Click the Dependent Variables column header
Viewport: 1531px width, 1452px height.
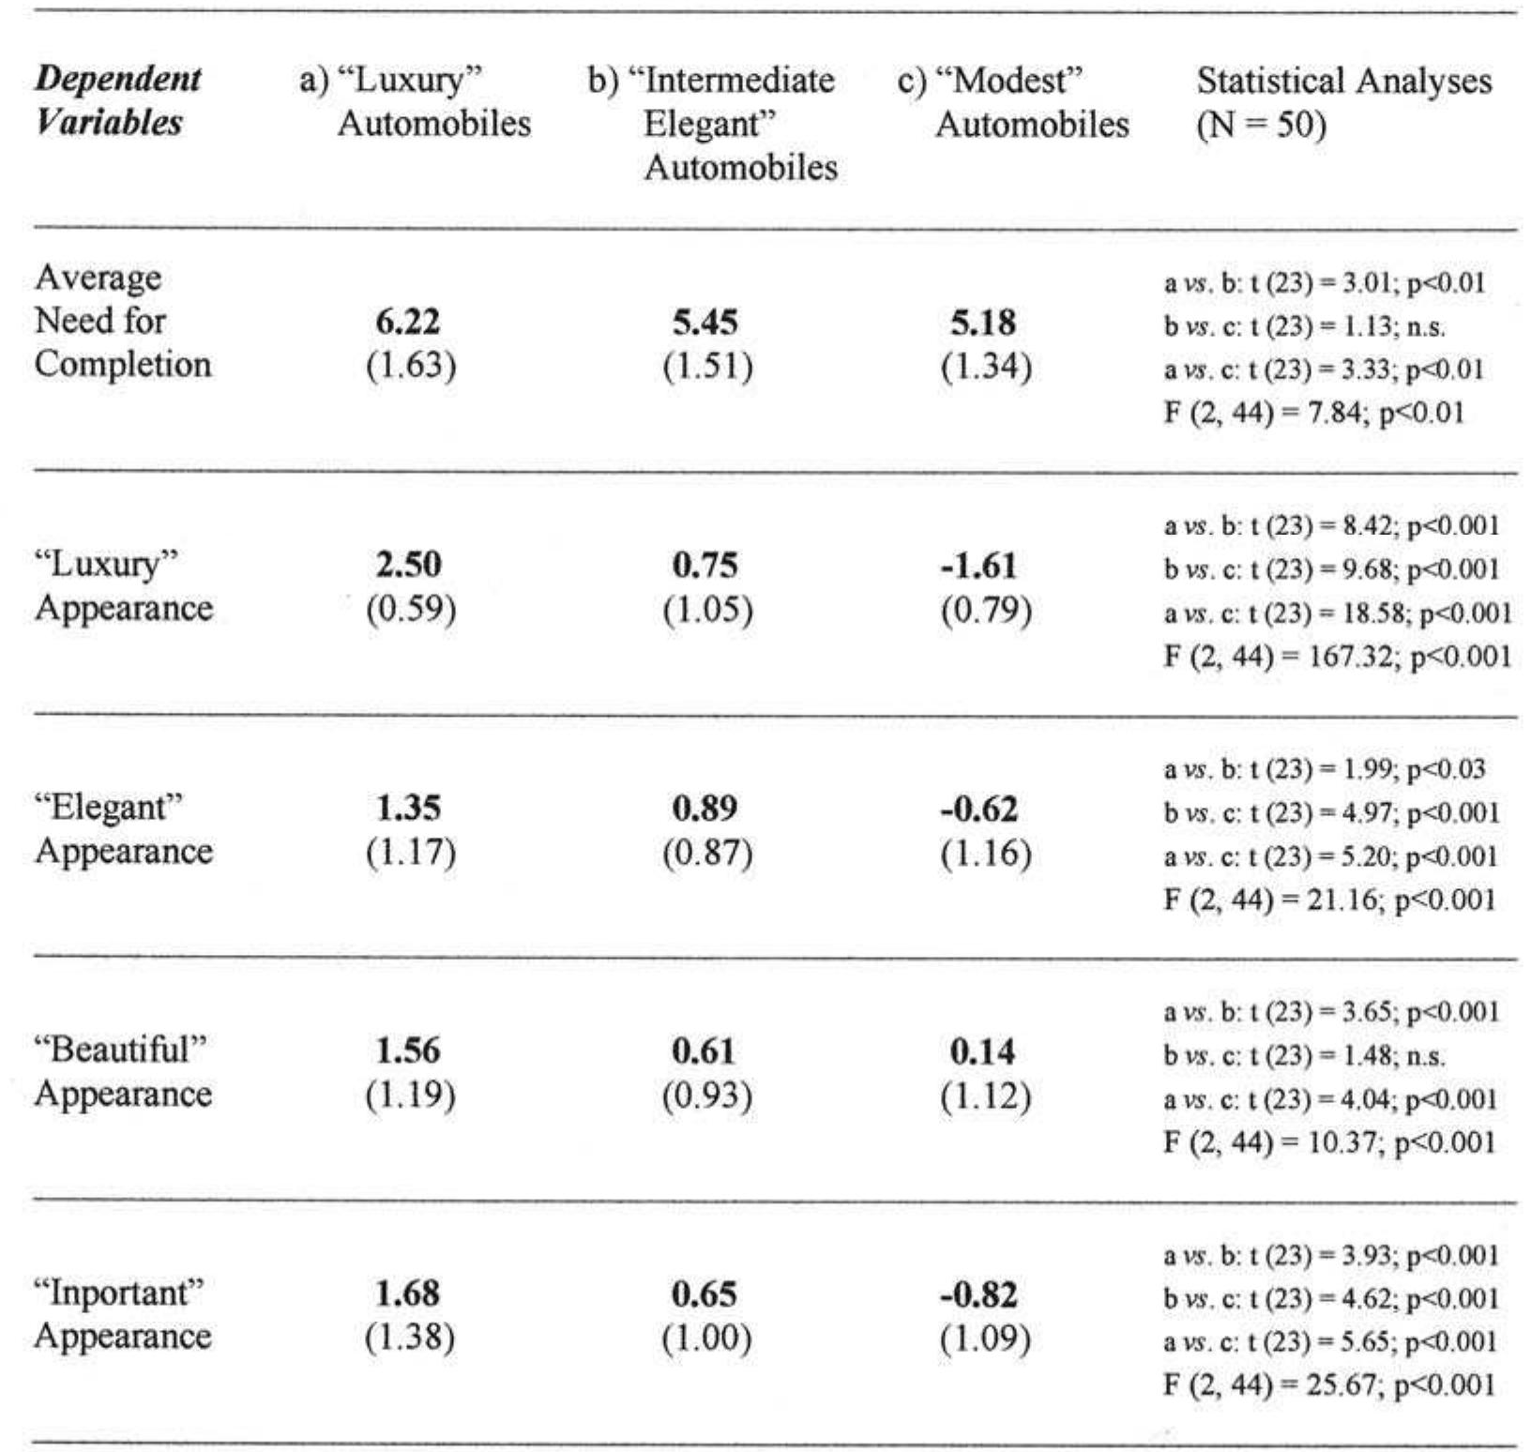point(118,100)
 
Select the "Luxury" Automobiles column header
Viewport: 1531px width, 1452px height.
point(415,101)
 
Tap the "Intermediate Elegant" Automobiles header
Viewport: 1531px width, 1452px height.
point(711,123)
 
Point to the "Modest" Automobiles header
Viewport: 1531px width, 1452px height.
point(1013,102)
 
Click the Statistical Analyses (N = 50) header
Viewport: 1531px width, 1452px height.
point(1343,102)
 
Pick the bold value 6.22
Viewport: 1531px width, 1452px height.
point(408,322)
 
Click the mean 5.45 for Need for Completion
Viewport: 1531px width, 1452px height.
point(705,322)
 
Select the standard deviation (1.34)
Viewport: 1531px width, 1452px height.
point(986,366)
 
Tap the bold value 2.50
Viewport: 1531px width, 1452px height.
point(408,565)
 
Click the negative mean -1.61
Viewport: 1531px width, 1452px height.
point(980,566)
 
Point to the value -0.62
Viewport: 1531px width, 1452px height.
point(979,809)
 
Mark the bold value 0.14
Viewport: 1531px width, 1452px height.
point(983,1051)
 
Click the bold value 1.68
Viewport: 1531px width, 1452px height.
point(408,1293)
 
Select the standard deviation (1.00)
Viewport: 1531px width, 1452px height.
point(707,1338)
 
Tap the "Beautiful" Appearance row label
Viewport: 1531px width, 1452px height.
point(123,1071)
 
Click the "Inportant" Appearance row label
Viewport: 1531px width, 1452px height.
point(122,1313)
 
